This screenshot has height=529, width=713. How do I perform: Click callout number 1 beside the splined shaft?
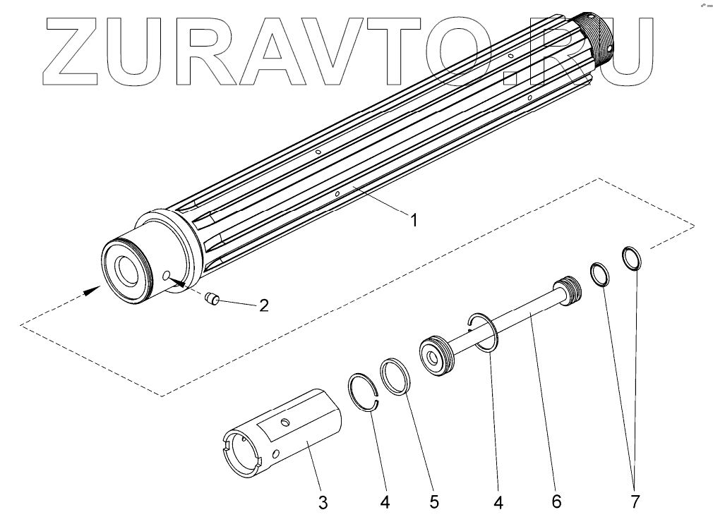414,220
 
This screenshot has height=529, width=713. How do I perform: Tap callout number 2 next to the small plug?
263,305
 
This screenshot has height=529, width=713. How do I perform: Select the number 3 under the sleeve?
322,502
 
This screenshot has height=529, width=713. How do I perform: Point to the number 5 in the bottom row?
433,502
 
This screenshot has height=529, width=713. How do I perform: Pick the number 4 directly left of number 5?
385,502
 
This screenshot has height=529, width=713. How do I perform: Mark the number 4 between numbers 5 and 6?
498,502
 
